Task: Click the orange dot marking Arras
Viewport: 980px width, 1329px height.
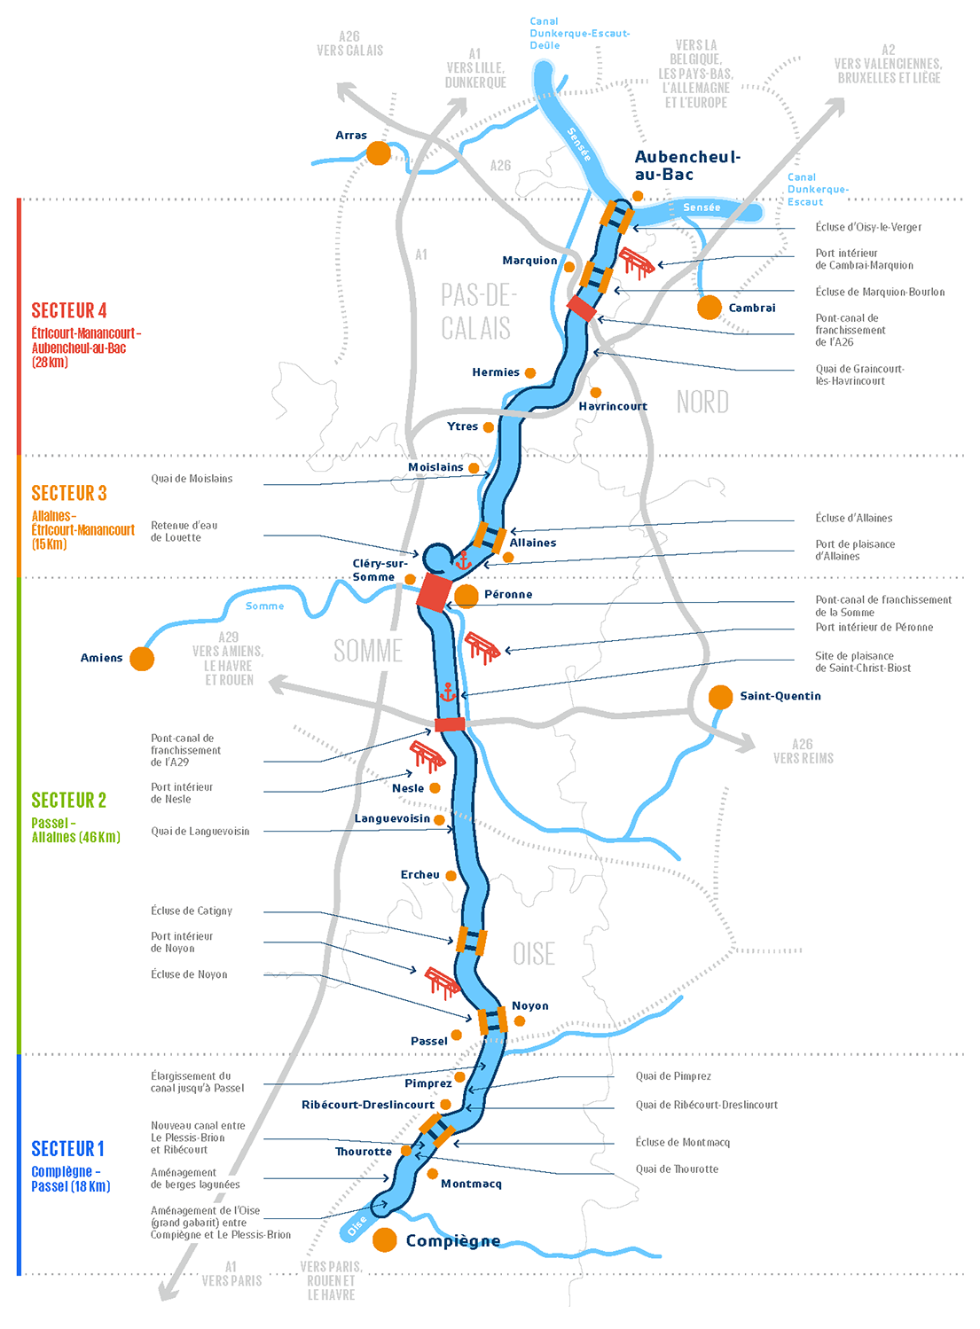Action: click(x=379, y=152)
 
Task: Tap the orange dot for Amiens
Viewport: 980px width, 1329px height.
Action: click(x=142, y=659)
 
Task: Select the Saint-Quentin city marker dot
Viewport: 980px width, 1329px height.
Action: click(x=721, y=697)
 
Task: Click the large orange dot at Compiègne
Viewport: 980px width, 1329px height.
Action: click(x=385, y=1239)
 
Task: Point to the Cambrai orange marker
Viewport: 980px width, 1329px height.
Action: click(x=710, y=308)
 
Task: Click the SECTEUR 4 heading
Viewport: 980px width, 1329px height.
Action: click(x=69, y=310)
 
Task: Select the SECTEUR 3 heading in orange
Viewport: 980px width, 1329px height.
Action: click(x=69, y=493)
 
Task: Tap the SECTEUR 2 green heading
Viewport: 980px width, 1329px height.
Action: click(x=69, y=801)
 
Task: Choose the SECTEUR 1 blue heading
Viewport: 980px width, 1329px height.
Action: click(x=68, y=1149)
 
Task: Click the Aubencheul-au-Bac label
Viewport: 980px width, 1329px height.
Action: click(x=687, y=166)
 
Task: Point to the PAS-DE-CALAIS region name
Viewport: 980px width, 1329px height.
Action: click(x=477, y=311)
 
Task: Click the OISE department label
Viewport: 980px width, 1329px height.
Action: click(x=534, y=954)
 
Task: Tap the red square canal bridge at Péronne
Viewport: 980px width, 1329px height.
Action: click(x=435, y=592)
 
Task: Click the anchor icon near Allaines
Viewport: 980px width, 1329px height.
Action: click(x=462, y=560)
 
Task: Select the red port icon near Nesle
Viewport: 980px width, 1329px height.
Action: click(x=427, y=755)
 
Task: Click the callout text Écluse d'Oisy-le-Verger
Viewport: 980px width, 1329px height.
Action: click(x=868, y=227)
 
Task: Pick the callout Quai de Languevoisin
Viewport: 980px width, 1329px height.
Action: click(x=200, y=832)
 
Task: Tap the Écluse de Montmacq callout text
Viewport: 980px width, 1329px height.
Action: click(x=683, y=1143)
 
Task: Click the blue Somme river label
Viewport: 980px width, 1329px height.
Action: click(x=265, y=606)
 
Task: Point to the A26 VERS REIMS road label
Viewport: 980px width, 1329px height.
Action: click(x=804, y=752)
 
